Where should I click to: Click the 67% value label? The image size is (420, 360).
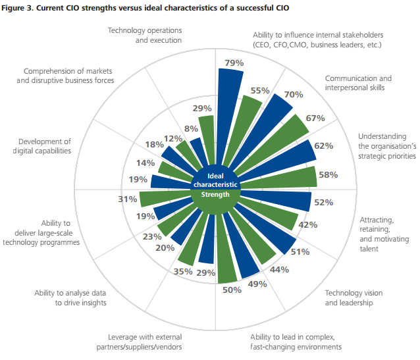tap(315, 118)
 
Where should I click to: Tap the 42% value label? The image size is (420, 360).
tap(308, 224)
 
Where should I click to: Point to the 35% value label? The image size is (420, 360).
tap(183, 270)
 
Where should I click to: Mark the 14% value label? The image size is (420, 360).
tap(146, 163)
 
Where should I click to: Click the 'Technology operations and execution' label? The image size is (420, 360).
tap(144, 35)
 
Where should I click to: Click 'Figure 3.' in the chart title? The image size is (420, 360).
tap(20, 8)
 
